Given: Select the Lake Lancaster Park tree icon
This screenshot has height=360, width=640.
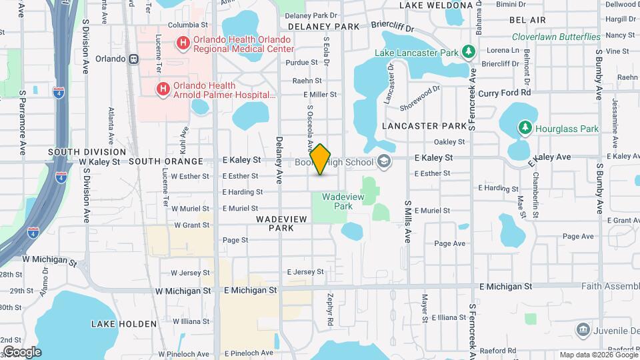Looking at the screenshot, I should [469, 52].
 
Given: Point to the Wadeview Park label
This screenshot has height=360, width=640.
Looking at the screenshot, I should [337, 201].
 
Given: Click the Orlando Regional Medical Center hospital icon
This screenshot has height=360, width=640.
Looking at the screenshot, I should [183, 44].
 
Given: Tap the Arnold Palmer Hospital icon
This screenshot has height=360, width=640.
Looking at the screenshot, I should [163, 89].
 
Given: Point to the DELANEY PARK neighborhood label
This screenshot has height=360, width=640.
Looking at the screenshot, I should [323, 27].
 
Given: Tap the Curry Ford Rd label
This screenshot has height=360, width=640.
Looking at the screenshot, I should [505, 93].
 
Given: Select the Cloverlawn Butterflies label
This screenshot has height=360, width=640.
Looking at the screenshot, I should [556, 37].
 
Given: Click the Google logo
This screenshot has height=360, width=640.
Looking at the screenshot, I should [21, 351].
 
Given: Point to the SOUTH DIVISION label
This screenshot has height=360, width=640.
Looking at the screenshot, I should [78, 153].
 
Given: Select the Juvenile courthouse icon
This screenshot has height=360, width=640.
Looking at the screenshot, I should [583, 329].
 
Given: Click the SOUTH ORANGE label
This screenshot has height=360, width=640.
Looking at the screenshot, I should [165, 161].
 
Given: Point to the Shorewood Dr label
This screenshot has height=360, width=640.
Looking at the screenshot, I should [421, 97].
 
